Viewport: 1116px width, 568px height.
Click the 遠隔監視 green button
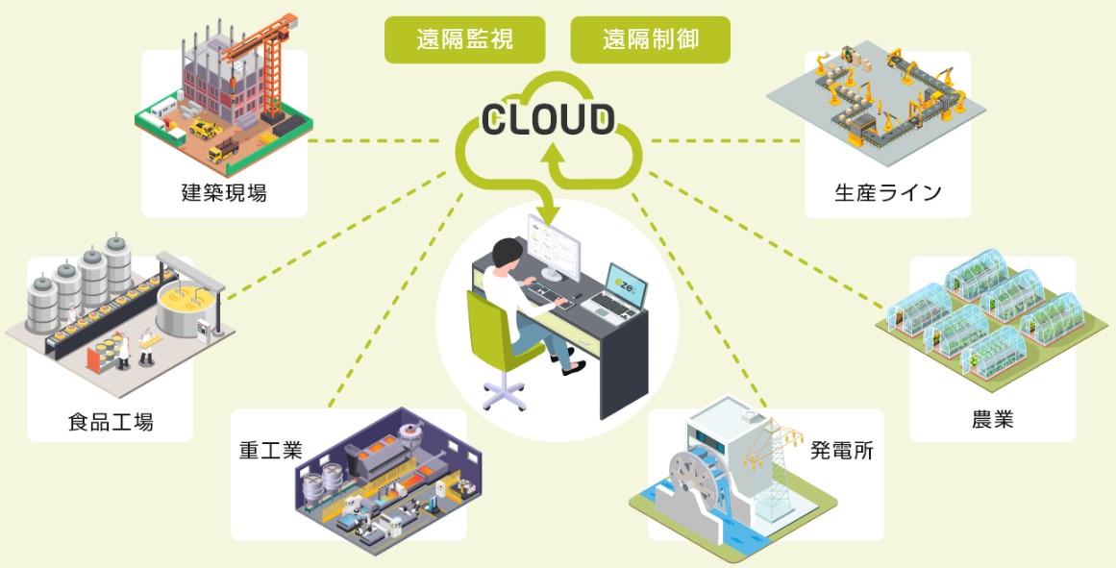(464, 39)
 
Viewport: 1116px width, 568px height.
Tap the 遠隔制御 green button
(650, 39)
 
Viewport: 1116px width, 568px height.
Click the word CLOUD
(548, 119)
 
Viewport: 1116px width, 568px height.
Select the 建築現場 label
(224, 192)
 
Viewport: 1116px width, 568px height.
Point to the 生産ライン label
(887, 192)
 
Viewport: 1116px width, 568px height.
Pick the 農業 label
(992, 420)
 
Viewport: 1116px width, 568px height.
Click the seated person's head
(506, 253)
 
